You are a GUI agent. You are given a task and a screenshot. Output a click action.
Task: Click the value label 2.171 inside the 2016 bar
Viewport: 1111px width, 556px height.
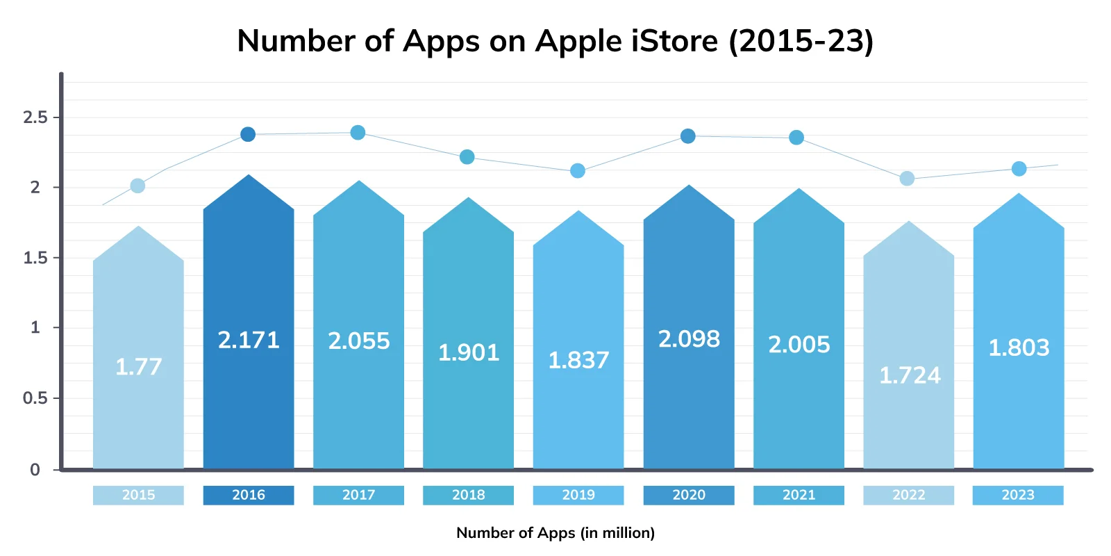(x=249, y=340)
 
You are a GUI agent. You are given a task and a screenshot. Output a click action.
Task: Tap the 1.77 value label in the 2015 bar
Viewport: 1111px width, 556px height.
(x=138, y=366)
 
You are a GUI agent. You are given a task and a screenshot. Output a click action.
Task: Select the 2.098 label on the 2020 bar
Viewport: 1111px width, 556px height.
(x=689, y=339)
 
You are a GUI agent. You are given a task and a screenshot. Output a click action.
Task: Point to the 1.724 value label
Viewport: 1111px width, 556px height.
(x=910, y=375)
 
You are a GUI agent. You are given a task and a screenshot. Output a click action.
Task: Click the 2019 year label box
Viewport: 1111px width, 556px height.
(x=578, y=495)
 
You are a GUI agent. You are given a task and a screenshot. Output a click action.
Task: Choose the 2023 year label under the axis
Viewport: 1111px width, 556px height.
(x=1018, y=495)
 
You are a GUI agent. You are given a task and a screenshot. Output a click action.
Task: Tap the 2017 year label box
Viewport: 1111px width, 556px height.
(x=358, y=495)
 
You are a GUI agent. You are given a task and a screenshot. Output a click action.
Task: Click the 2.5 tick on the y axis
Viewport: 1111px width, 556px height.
(x=35, y=117)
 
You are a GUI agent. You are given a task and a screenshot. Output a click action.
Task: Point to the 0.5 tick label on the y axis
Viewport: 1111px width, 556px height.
(x=35, y=398)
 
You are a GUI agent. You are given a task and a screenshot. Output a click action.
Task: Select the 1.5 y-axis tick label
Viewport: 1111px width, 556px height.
(x=35, y=258)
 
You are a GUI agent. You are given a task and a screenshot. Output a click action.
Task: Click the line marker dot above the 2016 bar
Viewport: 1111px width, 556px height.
(x=248, y=134)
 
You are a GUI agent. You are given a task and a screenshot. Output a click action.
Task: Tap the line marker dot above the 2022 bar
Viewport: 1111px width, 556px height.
(x=907, y=179)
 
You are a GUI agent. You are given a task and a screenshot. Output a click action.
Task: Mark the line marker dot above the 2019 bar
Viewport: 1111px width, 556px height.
(x=578, y=171)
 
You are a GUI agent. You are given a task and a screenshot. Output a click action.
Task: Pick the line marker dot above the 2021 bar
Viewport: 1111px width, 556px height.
(x=796, y=138)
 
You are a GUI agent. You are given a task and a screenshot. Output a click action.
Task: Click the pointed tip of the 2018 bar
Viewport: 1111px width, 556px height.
(x=469, y=199)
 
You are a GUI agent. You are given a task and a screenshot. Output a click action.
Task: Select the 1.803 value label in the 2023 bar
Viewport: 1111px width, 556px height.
(x=1019, y=347)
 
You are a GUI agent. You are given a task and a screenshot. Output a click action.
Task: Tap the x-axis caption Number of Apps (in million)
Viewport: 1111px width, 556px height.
(x=555, y=533)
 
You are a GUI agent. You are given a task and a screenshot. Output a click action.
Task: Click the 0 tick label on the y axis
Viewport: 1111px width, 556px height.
(x=35, y=470)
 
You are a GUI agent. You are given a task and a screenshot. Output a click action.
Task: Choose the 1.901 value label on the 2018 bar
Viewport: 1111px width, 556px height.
(x=469, y=353)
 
